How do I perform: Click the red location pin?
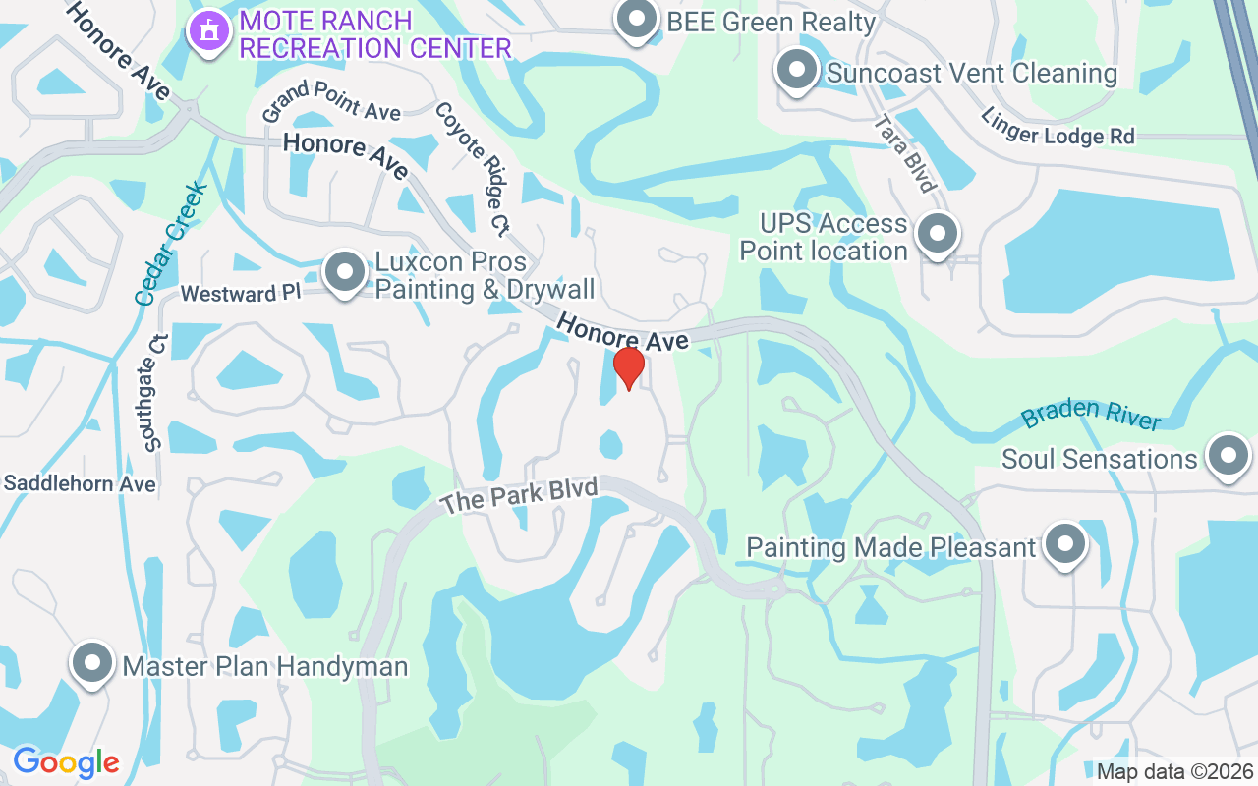click(x=629, y=368)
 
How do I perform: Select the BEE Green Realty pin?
click(x=637, y=20)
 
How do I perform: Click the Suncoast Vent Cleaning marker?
click(x=797, y=72)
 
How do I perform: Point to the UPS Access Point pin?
click(x=937, y=236)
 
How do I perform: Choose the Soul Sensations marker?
click(x=1228, y=457)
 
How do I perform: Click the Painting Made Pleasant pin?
click(x=1063, y=545)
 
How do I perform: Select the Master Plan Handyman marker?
click(x=92, y=665)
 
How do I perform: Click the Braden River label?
click(x=1091, y=414)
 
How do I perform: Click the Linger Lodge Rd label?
click(x=1057, y=127)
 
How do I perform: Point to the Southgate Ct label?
click(x=155, y=391)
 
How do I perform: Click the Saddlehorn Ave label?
click(x=80, y=483)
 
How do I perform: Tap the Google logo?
click(x=66, y=761)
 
